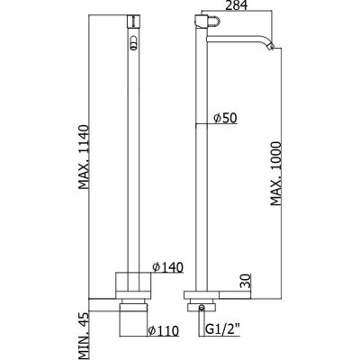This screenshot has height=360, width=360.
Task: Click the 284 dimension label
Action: (237, 5)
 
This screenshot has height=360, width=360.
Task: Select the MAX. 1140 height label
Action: (85, 157)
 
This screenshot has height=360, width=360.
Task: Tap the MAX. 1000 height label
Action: (275, 174)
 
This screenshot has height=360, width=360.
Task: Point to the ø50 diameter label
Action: (225, 118)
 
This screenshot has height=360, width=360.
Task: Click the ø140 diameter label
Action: (167, 266)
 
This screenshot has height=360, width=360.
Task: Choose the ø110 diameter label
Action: (163, 330)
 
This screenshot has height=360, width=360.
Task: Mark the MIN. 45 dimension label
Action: (85, 336)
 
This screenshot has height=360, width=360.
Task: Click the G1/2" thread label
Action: (223, 330)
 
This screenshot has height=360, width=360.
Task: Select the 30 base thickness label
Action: (246, 281)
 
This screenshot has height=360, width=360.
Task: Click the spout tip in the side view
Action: (273, 48)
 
